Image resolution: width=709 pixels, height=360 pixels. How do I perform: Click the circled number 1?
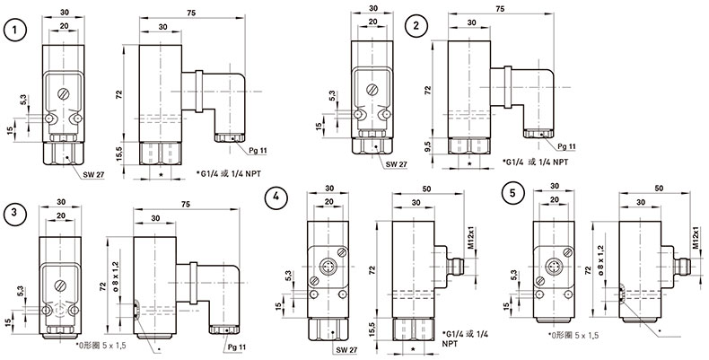coord(14,31)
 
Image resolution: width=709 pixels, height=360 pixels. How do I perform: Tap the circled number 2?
coord(416,26)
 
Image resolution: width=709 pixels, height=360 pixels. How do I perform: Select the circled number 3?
coord(14,213)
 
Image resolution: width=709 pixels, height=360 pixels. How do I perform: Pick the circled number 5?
coord(512,191)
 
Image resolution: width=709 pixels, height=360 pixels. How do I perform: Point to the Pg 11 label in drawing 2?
coord(565,145)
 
